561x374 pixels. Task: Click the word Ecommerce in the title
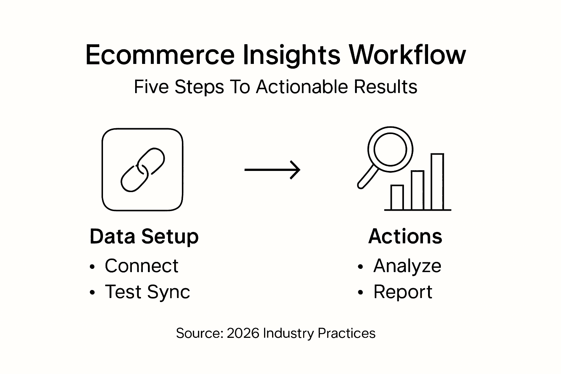click(x=160, y=56)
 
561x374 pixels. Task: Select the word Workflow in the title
click(x=407, y=56)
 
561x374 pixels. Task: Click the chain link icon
click(x=142, y=170)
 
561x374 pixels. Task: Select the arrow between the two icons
click(x=272, y=170)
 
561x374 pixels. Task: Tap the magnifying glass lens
click(x=390, y=149)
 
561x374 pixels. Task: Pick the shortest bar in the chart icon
click(x=397, y=198)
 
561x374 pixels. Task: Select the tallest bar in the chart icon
click(x=437, y=182)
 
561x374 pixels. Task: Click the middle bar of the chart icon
click(x=417, y=190)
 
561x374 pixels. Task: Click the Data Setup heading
click(x=144, y=237)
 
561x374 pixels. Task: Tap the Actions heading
click(x=405, y=237)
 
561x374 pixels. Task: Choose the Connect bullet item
click(x=141, y=266)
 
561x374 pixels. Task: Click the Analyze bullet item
click(x=407, y=266)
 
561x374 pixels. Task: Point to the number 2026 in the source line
click(x=243, y=333)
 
